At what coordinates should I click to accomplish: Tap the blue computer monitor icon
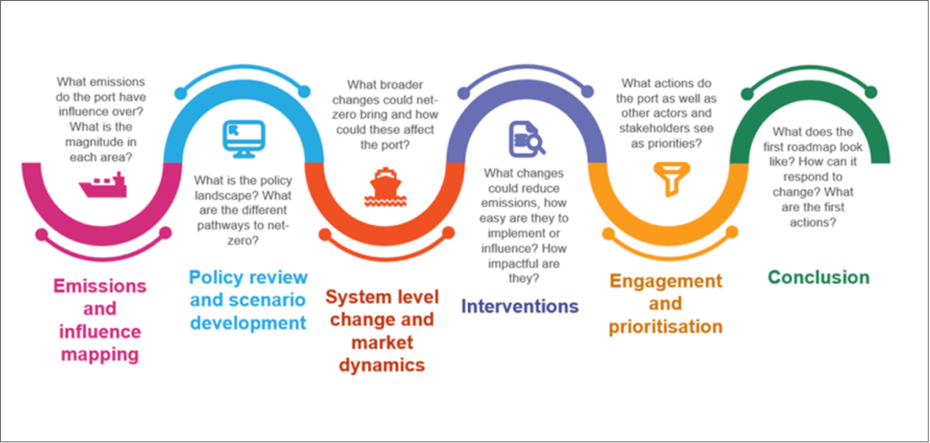point(244,139)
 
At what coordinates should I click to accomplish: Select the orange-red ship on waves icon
point(385,187)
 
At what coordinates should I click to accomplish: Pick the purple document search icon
point(526,139)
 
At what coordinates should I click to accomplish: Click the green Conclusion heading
point(818,278)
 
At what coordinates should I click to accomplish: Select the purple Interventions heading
point(519,306)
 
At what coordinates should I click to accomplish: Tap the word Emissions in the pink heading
point(100,286)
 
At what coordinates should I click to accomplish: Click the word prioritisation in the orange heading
point(666,327)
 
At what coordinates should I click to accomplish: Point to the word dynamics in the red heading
point(382,365)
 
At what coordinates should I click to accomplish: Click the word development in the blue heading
point(248,323)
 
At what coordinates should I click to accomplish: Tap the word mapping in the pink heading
point(100,354)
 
